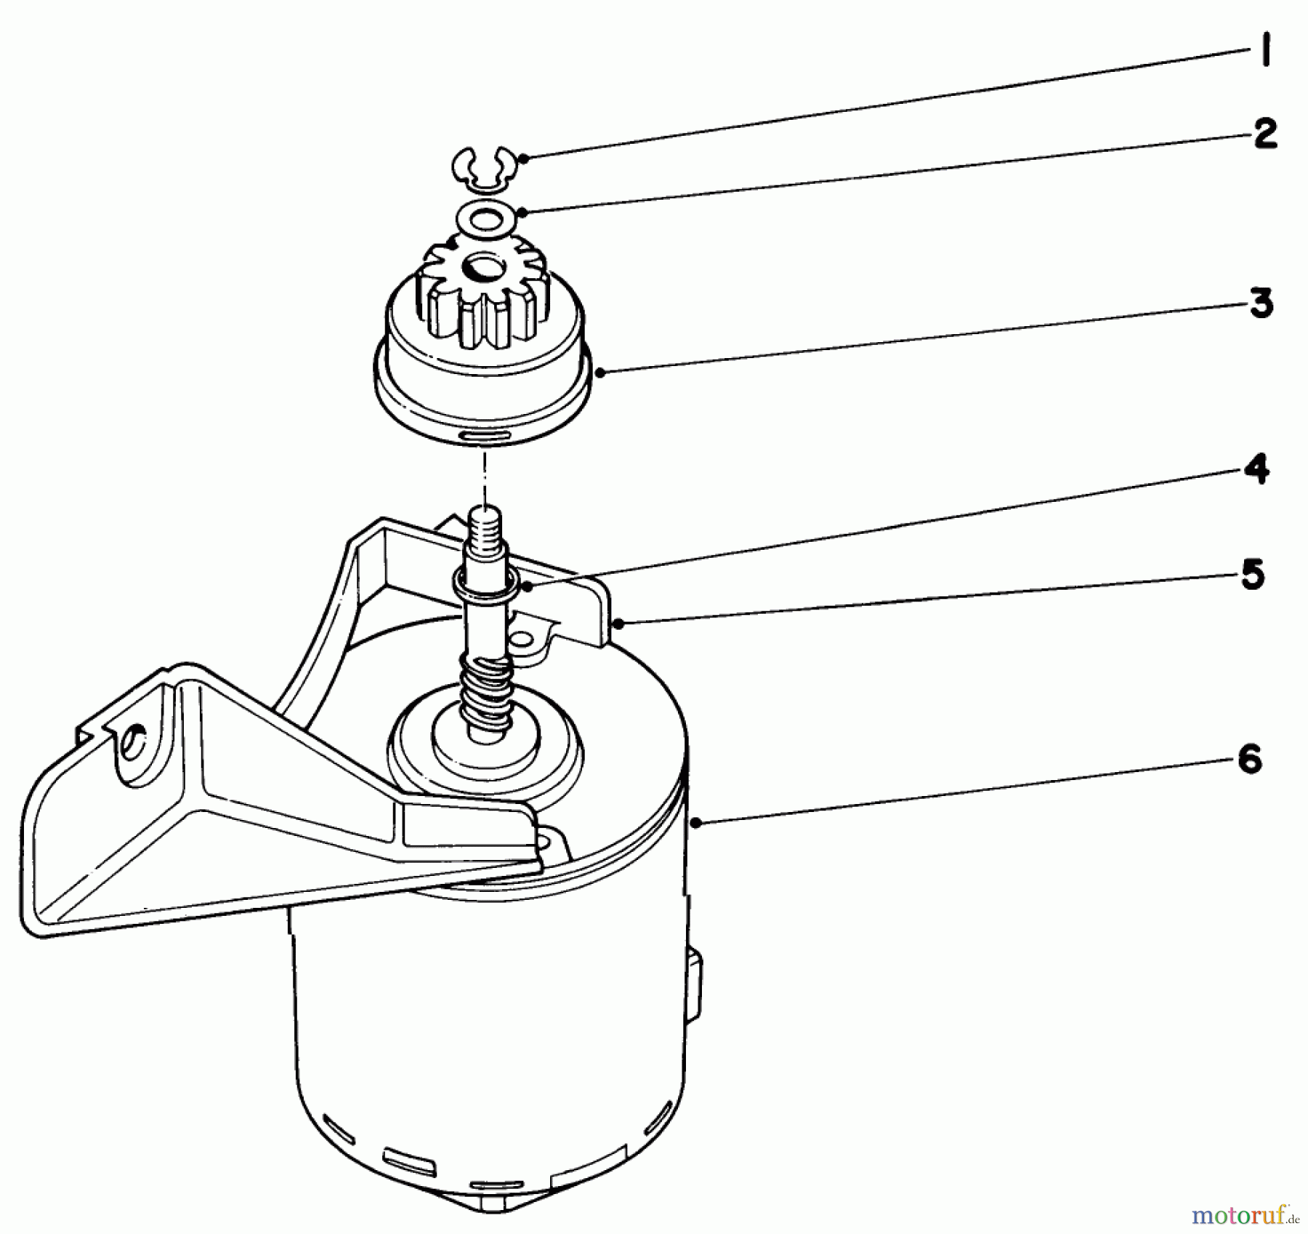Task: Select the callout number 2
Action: [1265, 134]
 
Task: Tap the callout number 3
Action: [1261, 303]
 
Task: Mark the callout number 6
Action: [1249, 761]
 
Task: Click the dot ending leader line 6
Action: [696, 822]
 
